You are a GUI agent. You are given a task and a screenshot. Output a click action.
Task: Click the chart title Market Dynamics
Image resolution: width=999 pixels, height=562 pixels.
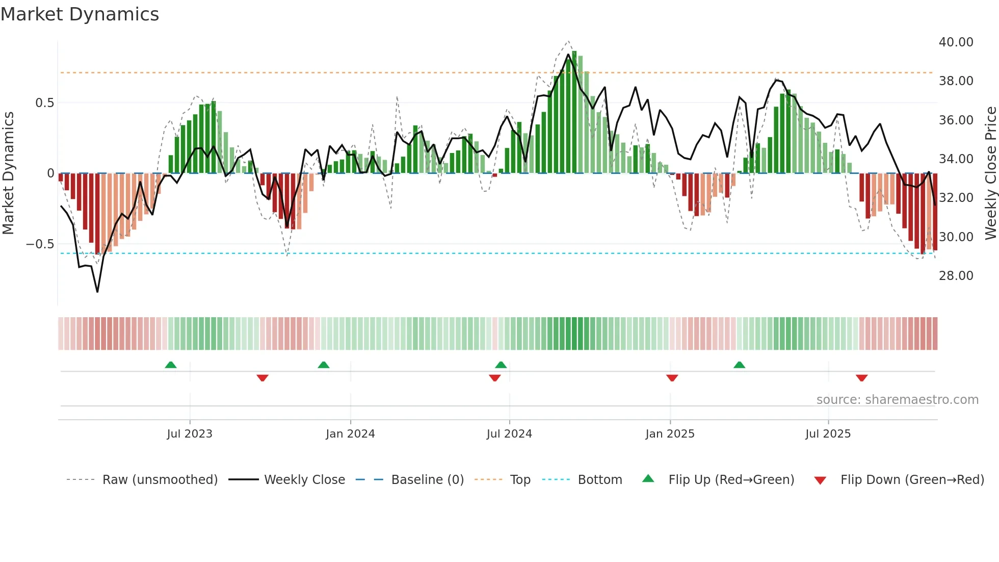(80, 14)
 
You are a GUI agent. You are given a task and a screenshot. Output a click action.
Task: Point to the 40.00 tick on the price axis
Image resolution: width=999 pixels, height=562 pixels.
(956, 42)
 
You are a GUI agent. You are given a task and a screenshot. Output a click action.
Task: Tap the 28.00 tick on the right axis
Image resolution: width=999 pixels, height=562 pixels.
(956, 276)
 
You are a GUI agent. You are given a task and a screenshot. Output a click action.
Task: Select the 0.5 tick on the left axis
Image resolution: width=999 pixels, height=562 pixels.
(44, 103)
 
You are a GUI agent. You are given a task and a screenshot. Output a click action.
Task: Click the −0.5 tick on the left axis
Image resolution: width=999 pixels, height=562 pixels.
(40, 244)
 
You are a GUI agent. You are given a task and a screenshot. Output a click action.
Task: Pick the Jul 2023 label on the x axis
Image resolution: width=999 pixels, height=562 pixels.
(190, 434)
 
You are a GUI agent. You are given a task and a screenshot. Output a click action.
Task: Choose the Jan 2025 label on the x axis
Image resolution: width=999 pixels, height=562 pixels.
(670, 434)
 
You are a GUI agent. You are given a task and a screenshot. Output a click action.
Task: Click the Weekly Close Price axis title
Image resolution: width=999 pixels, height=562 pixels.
(990, 173)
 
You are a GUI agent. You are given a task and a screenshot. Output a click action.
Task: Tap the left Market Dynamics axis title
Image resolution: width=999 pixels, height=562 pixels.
(8, 173)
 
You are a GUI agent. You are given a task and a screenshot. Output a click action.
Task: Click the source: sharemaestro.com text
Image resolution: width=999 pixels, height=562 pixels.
(897, 400)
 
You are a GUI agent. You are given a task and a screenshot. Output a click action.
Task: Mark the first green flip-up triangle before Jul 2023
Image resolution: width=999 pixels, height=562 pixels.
(171, 365)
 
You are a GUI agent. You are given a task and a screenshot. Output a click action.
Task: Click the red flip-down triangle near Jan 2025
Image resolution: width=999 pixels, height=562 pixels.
(672, 378)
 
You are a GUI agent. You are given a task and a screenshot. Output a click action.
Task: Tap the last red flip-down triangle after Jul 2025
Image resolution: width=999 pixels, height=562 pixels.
(861, 378)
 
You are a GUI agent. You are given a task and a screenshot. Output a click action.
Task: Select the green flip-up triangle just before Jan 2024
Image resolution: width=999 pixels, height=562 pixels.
(323, 365)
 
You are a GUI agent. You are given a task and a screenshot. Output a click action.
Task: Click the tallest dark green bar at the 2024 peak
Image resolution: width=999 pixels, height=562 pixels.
(574, 112)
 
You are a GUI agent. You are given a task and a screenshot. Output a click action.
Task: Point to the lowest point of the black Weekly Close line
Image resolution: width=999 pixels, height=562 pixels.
(97, 292)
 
